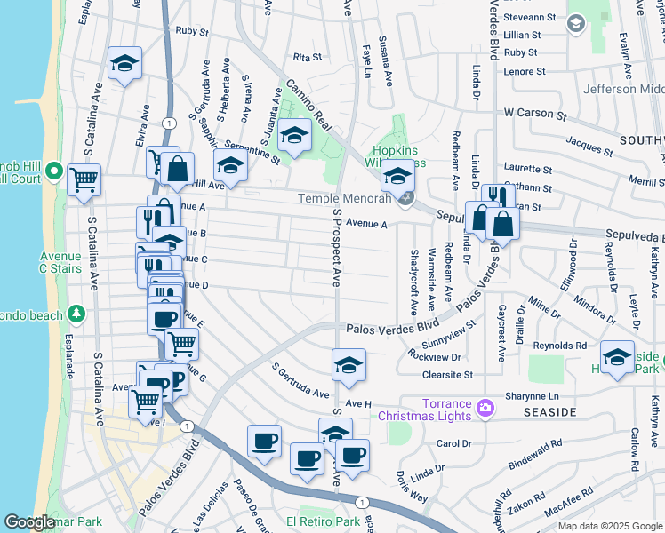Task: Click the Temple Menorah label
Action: (x=344, y=199)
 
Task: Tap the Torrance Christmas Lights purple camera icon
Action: (x=485, y=408)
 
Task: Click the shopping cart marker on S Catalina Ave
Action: (x=84, y=180)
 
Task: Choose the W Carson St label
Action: (x=534, y=114)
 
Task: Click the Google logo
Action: (x=29, y=523)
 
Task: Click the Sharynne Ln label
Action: (x=533, y=396)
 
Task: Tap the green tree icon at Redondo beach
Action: (x=76, y=314)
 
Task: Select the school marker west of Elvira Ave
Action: (x=125, y=64)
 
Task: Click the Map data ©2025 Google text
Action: (x=609, y=526)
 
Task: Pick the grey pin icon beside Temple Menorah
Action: (x=405, y=198)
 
